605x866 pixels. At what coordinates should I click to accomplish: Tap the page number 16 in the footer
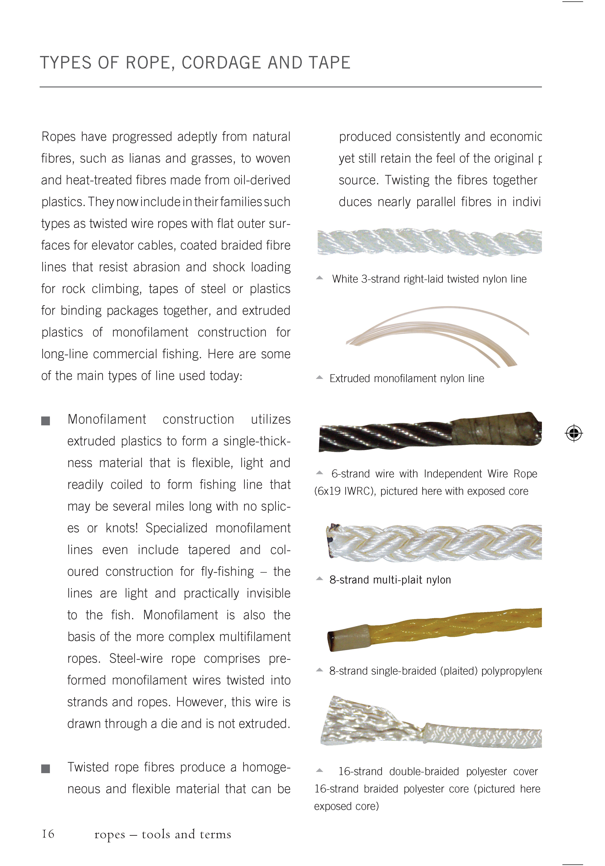[48, 833]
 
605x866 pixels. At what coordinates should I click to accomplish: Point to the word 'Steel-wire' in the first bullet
[136, 659]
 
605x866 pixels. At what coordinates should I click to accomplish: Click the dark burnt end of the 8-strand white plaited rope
[332, 540]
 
